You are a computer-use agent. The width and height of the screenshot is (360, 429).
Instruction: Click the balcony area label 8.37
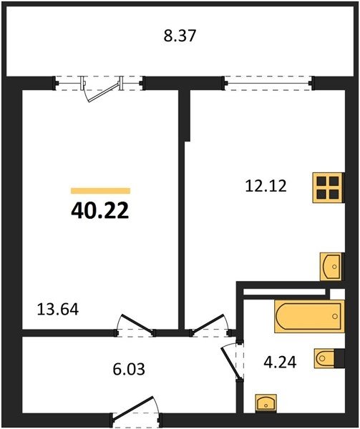[180, 36]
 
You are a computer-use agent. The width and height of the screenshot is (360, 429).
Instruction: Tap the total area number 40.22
[100, 211]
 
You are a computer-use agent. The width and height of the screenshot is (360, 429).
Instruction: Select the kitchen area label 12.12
[266, 186]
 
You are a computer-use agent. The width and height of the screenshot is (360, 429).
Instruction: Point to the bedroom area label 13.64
[58, 310]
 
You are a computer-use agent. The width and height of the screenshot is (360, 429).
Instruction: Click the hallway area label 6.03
[129, 369]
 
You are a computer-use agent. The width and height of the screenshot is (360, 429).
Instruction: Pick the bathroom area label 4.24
[280, 363]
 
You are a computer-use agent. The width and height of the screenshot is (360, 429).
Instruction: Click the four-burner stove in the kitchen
[329, 187]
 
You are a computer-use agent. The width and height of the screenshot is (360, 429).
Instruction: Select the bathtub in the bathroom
[309, 316]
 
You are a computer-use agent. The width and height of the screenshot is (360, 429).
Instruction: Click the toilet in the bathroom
[325, 358]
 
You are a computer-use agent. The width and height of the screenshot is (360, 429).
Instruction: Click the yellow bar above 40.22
[100, 191]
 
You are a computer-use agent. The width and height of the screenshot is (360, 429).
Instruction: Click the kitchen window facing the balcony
[268, 83]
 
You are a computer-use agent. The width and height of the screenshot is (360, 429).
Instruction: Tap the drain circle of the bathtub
[335, 317]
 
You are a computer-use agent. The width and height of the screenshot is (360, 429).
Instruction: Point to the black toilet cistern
[339, 358]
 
